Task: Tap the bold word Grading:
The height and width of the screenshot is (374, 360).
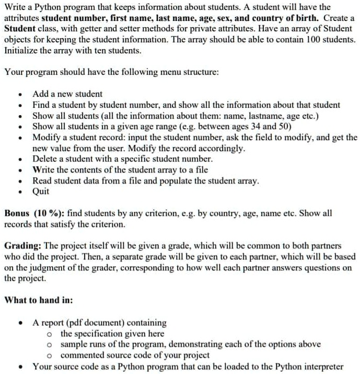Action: pos(22,245)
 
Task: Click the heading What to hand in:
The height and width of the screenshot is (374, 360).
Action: pos(39,300)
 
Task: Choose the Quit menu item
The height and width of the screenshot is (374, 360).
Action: pos(41,191)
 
